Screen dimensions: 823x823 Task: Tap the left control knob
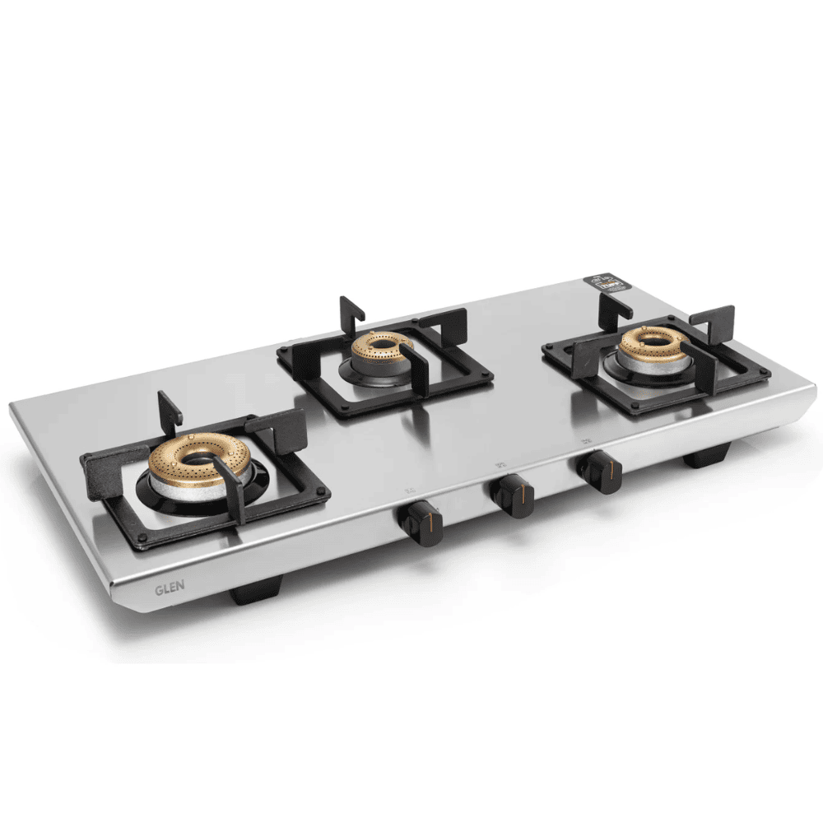click(x=421, y=523)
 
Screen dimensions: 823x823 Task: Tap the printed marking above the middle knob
click(x=500, y=467)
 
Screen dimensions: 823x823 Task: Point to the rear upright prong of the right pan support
click(x=613, y=309)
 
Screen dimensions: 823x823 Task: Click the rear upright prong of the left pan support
click(x=169, y=408)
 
